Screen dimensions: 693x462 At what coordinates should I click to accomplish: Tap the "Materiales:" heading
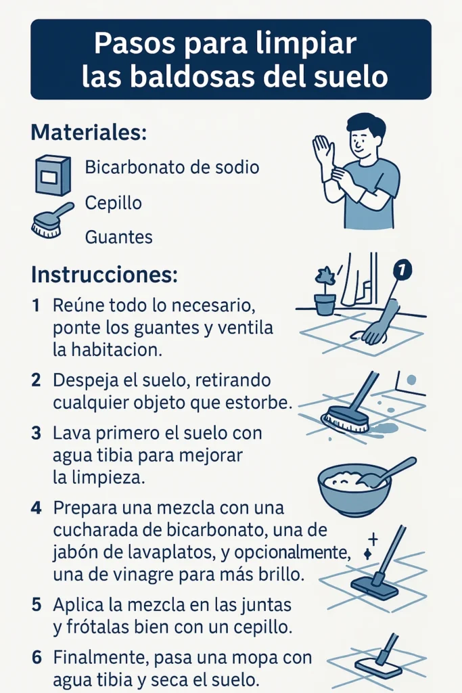point(89,132)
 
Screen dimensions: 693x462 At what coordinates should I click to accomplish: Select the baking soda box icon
point(53,175)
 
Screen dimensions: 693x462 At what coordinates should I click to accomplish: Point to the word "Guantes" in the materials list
point(118,238)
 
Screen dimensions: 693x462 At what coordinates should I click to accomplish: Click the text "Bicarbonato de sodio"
point(172,167)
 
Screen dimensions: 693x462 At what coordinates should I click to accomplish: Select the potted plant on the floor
point(325,292)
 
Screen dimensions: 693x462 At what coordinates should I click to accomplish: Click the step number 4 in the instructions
point(38,507)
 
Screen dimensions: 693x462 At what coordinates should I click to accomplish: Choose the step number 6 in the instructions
point(38,656)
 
